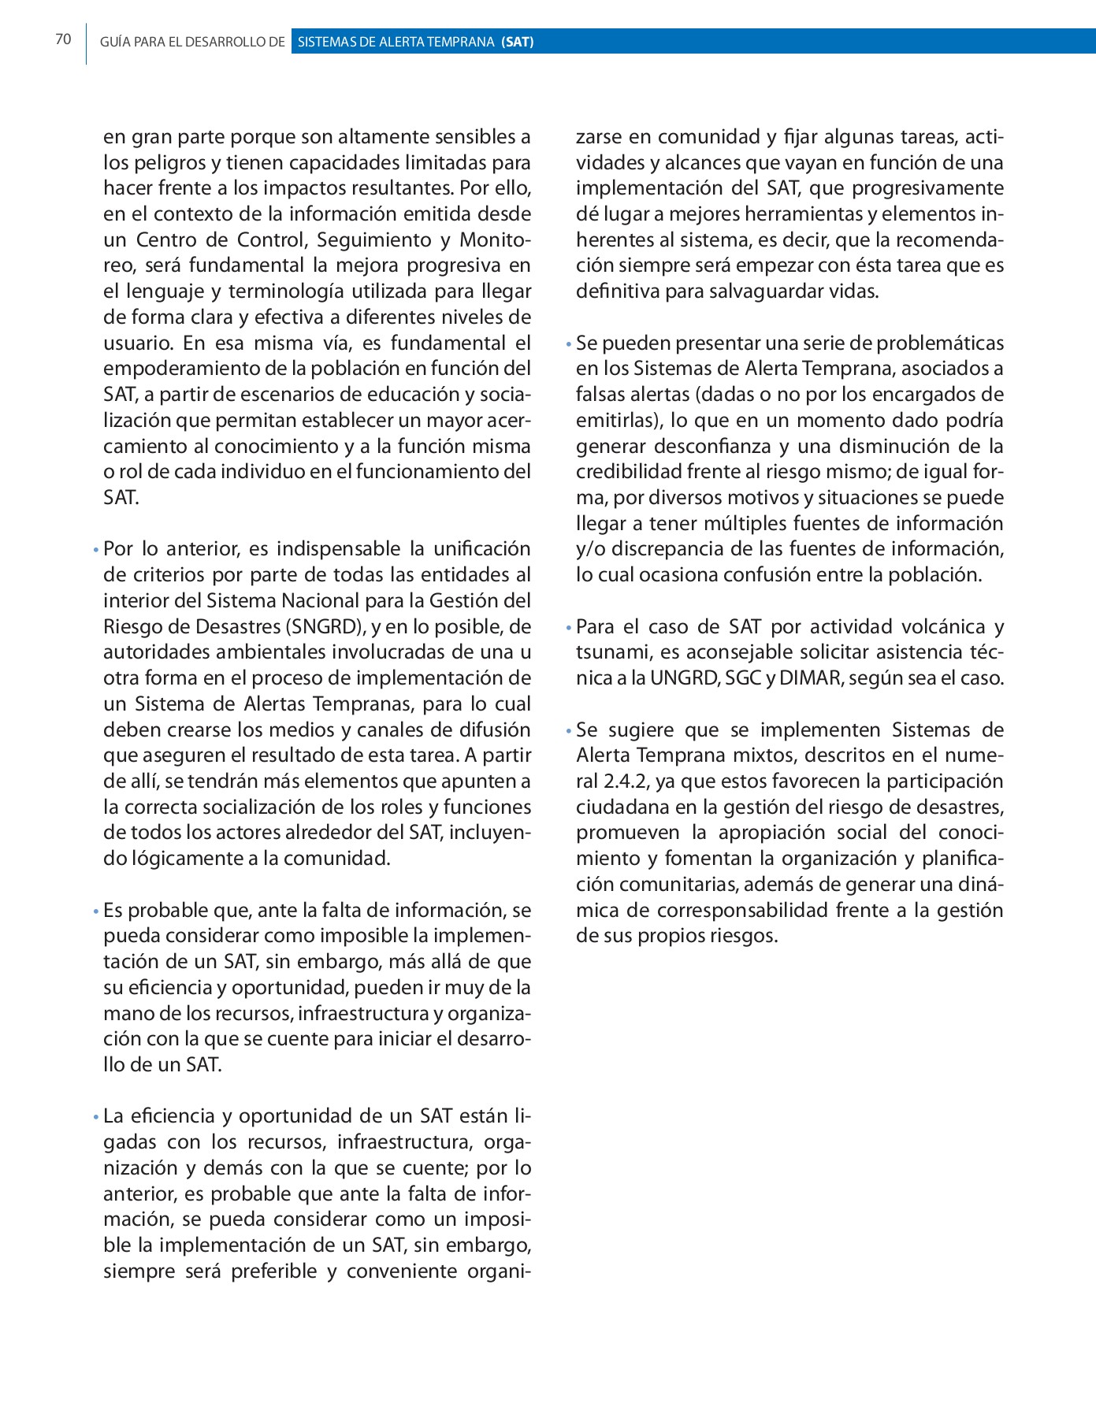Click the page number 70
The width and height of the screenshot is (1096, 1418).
[x=63, y=39]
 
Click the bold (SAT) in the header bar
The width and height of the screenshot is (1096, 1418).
[x=517, y=42]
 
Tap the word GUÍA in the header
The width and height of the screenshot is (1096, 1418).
[x=114, y=42]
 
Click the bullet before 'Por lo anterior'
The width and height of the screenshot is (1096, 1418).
[x=95, y=551]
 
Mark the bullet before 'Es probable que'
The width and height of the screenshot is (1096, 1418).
[x=95, y=912]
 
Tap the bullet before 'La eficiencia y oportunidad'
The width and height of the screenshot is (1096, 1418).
[x=95, y=1118]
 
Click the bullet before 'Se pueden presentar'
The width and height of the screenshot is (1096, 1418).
[x=568, y=345]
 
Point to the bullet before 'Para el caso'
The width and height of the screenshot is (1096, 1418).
[x=568, y=629]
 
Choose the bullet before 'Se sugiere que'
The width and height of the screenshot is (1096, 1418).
[x=568, y=732]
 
